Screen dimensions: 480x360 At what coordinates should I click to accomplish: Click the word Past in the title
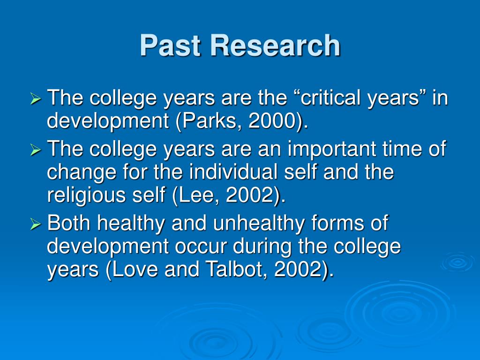170,45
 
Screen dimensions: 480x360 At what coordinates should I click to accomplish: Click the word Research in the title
275,45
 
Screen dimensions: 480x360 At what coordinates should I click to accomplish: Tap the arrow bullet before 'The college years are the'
36,99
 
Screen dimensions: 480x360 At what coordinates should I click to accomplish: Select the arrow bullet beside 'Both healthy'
36,225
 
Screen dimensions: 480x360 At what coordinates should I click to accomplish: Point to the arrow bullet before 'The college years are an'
36,150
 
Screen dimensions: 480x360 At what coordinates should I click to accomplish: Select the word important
332,149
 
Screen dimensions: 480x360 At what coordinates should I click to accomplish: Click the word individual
233,172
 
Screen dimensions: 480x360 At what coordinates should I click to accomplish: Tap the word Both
69,223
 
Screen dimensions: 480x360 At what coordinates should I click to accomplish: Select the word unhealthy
259,224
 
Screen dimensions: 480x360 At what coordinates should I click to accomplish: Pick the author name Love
135,269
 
